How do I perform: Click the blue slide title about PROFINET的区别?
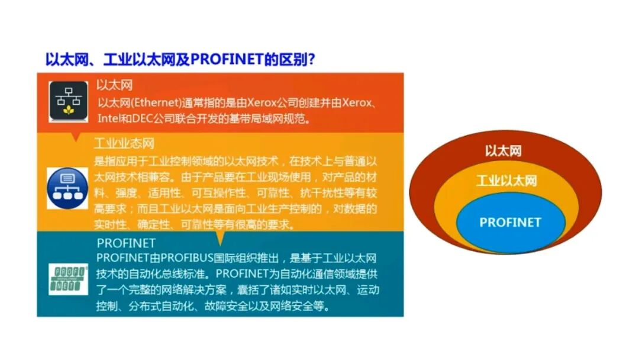[x=180, y=60]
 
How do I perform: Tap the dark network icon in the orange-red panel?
[x=68, y=101]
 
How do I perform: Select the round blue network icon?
[x=67, y=188]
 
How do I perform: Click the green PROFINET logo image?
[x=68, y=279]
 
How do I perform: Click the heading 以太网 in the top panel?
[x=115, y=85]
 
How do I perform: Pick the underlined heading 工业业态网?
[x=124, y=143]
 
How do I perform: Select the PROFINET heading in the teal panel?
[x=126, y=243]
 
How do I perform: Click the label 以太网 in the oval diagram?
[x=503, y=151]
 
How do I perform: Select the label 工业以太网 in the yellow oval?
[x=506, y=180]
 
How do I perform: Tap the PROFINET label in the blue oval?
[x=510, y=222]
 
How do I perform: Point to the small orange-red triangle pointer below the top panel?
[x=75, y=137]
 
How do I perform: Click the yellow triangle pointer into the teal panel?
[x=220, y=238]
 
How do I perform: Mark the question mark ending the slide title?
[x=311, y=60]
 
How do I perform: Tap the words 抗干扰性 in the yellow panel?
[x=317, y=192]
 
